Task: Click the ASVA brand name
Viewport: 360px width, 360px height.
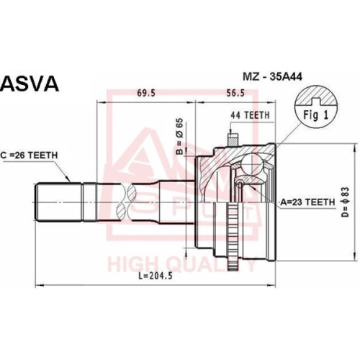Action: tap(30, 84)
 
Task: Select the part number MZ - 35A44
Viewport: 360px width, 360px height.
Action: tap(272, 77)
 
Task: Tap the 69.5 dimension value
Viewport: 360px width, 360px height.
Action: tap(146, 93)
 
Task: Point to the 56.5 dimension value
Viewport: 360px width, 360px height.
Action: tap(235, 93)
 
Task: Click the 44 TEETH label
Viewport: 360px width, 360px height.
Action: tap(250, 115)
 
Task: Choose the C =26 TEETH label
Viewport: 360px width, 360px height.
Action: tap(29, 156)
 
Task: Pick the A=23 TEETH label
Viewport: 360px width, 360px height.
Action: tap(307, 202)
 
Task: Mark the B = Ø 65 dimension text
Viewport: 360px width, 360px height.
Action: tap(179, 136)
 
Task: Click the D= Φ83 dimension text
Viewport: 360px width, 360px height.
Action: tap(346, 202)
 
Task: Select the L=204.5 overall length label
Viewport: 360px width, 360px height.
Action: tap(156, 276)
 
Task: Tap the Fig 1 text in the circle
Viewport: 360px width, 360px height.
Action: tap(315, 115)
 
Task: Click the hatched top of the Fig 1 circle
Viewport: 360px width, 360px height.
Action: tap(316, 96)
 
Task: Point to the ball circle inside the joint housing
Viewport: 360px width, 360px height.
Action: tap(251, 163)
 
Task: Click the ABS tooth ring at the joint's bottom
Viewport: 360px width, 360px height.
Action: tap(233, 236)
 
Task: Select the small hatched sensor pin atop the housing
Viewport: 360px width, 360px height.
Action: tap(233, 140)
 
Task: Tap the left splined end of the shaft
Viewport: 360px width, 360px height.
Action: tap(59, 202)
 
